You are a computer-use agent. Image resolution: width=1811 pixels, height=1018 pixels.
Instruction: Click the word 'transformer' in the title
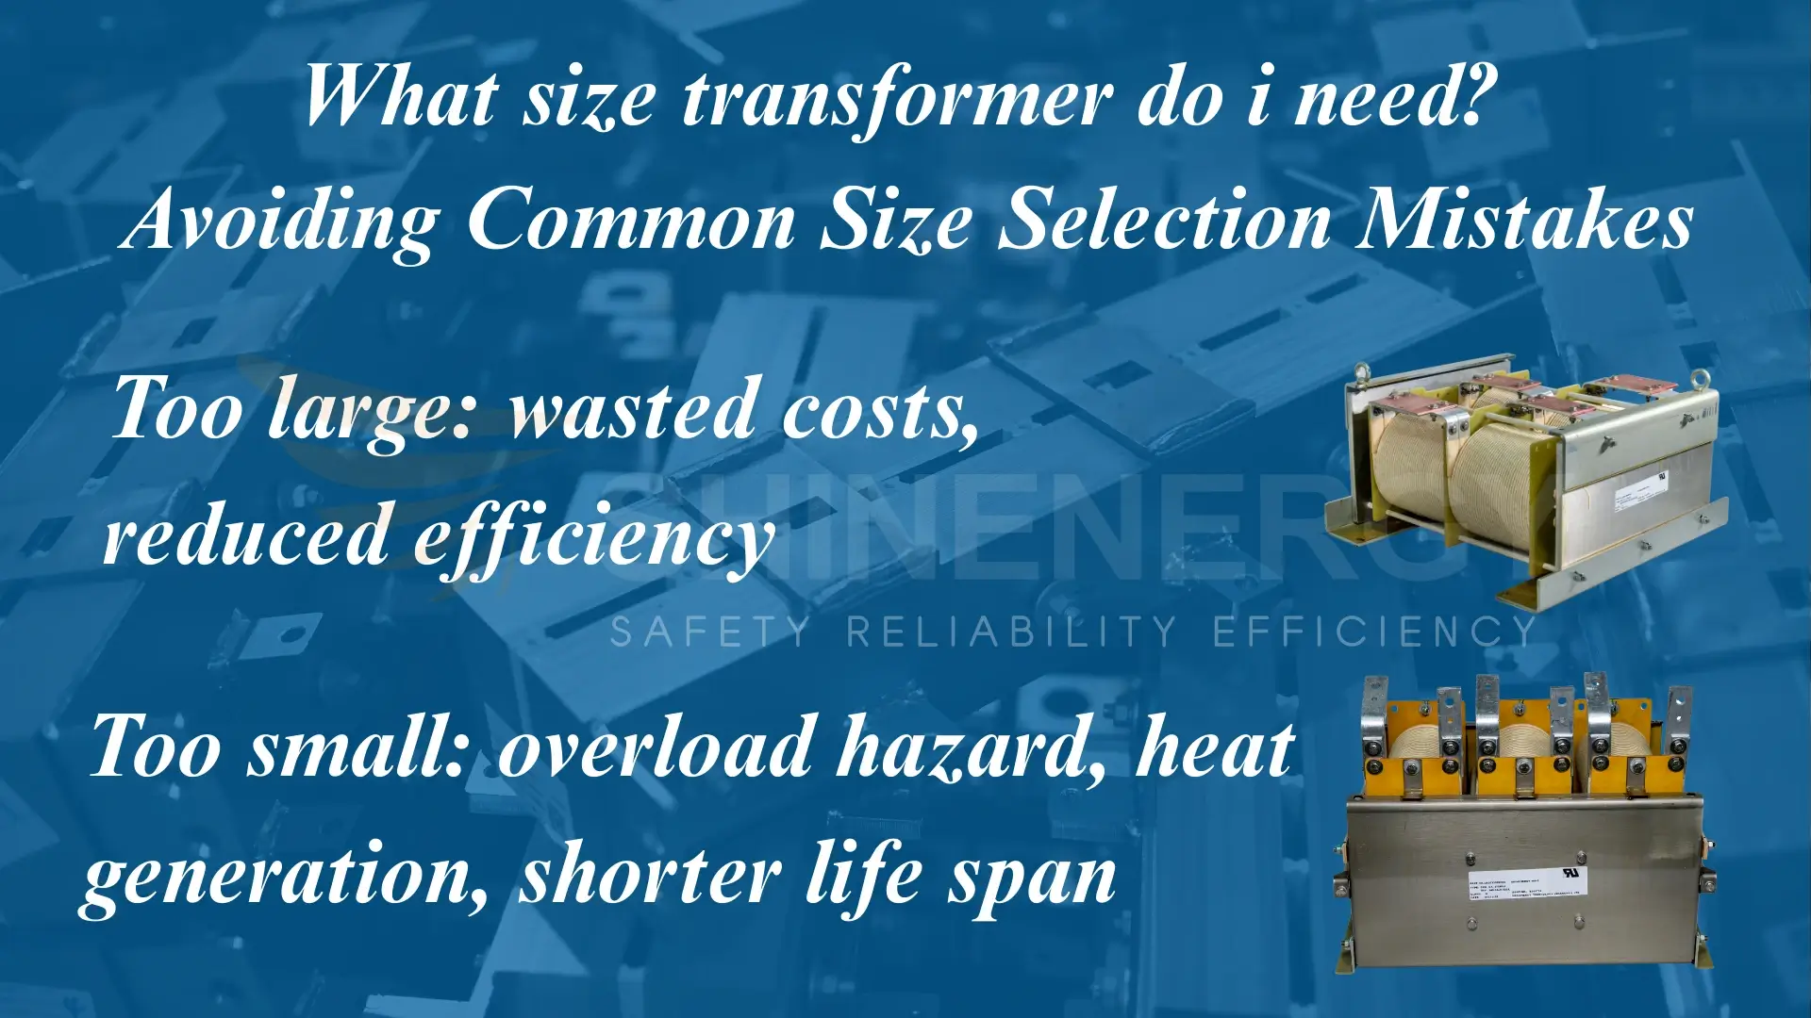click(x=896, y=99)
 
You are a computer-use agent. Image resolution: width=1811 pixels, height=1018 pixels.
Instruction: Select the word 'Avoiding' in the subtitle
click(x=283, y=222)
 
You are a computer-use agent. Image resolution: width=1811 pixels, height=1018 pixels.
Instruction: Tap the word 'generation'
click(x=283, y=877)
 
